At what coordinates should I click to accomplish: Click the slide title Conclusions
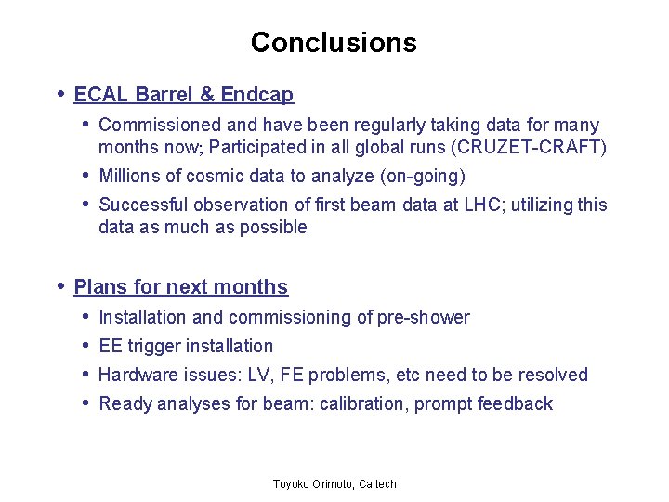click(334, 43)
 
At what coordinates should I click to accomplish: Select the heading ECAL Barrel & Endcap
click(183, 95)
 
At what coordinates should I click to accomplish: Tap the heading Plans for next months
click(180, 287)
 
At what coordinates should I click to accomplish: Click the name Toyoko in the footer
click(293, 484)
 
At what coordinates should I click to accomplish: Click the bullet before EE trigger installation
click(85, 346)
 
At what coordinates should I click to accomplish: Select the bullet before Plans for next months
click(60, 286)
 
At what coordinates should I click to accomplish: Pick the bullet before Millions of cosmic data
click(85, 176)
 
